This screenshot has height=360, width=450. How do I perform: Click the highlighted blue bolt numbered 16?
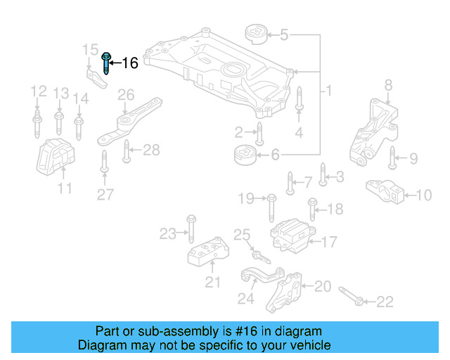[x=106, y=63]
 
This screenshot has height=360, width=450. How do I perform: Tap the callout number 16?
[x=130, y=63]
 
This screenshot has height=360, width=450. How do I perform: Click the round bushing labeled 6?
[x=246, y=154]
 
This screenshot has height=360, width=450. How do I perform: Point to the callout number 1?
[x=328, y=91]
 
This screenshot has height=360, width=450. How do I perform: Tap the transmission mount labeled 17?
[x=290, y=234]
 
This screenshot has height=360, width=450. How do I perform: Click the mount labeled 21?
[x=206, y=252]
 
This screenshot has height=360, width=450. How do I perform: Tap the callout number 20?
[x=323, y=286]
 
